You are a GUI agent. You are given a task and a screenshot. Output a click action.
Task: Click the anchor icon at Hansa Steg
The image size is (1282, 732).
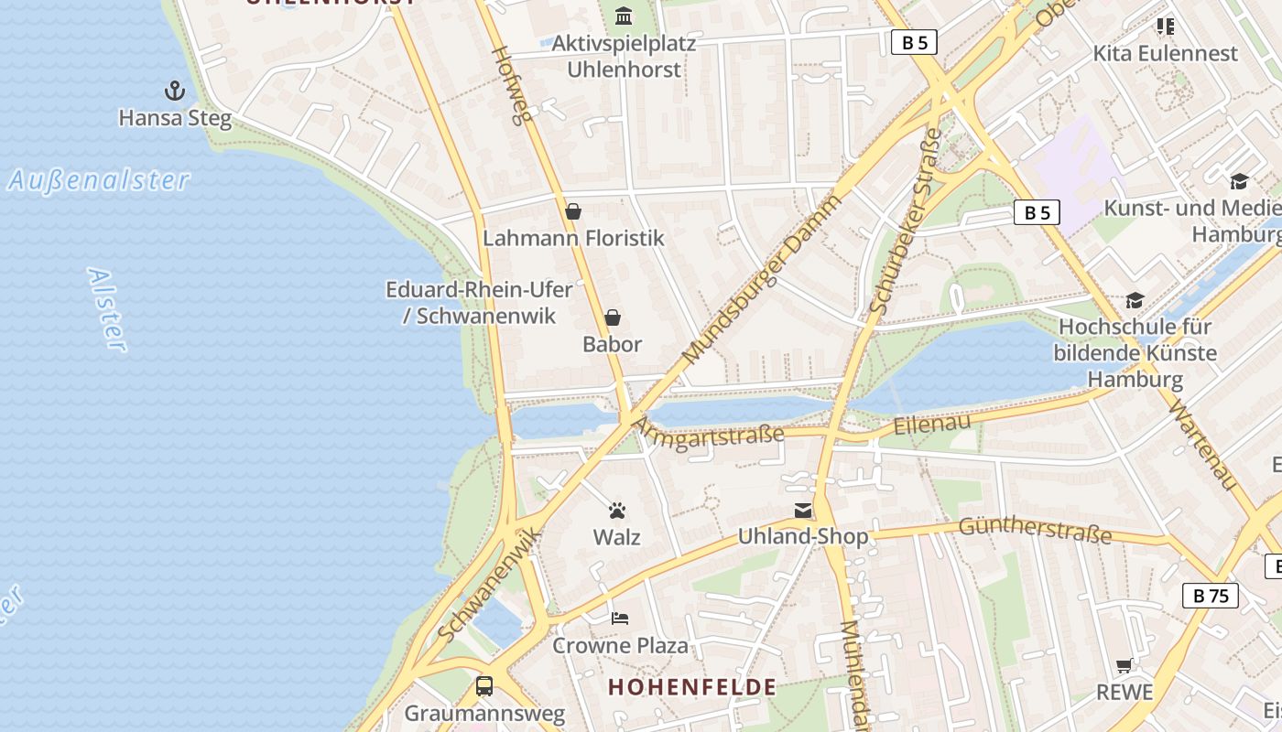pos(174,91)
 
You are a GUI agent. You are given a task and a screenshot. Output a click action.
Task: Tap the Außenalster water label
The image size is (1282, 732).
pos(99,180)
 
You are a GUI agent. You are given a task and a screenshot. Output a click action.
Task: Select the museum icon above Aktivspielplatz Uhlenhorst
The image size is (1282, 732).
pos(625,16)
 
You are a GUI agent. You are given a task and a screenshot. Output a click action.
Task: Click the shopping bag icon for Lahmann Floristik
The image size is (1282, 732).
pos(573,211)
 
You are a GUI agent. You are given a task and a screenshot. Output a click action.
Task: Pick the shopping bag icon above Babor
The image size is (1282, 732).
pos(613,318)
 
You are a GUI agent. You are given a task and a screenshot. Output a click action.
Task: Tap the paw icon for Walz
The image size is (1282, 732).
pos(617,511)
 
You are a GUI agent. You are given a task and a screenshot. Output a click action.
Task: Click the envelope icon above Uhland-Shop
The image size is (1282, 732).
pos(803,511)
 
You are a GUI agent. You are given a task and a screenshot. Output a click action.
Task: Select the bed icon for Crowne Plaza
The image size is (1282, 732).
pos(620,619)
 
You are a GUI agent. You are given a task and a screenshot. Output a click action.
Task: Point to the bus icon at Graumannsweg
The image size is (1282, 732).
pos(484,686)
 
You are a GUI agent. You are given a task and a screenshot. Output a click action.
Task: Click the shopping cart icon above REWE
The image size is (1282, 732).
pos(1124,665)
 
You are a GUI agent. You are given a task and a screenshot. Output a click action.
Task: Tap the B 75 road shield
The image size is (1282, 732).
pos(1210,596)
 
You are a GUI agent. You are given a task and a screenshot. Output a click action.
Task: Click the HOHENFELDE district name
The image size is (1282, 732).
pos(692,687)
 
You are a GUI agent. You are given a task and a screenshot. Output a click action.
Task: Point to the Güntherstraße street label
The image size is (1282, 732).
pos(1035,530)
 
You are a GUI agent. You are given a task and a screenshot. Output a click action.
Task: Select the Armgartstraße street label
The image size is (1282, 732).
pos(711,429)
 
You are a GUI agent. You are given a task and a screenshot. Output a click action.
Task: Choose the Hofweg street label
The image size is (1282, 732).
pos(512,85)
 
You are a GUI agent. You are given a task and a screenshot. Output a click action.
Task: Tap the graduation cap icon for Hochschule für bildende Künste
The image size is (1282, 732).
pos(1135,300)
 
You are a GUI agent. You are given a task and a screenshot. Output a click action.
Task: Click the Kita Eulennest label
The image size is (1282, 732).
pos(1165,53)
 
